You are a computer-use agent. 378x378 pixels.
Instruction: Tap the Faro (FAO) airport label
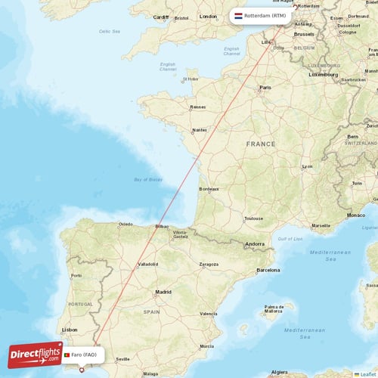point(84,355)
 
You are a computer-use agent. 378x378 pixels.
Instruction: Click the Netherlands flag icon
point(239,15)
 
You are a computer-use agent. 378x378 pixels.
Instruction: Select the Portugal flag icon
point(67,355)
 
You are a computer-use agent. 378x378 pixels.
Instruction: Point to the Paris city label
point(265,88)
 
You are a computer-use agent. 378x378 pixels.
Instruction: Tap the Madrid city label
point(163,292)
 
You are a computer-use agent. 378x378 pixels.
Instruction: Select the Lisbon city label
point(70,330)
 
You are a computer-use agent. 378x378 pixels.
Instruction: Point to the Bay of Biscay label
point(148,179)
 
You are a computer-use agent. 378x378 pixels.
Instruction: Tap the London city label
point(208,16)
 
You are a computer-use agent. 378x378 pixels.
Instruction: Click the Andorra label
point(254,243)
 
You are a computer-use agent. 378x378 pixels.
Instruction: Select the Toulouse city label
point(253,219)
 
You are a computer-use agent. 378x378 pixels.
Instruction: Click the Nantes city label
point(200,130)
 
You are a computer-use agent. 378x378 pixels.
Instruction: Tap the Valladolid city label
point(148,265)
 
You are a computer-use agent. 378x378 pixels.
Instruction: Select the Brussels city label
point(305,34)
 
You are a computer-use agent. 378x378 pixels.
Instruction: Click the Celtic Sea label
point(110,31)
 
